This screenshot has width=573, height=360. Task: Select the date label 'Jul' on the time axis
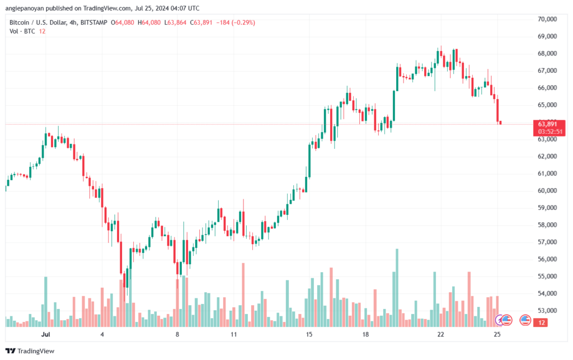[46, 334]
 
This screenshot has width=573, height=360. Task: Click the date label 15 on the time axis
[308, 334]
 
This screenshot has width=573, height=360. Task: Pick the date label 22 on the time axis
[441, 334]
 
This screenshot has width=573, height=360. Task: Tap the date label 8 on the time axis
[177, 334]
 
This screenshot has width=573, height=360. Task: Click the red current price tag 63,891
[548, 124]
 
